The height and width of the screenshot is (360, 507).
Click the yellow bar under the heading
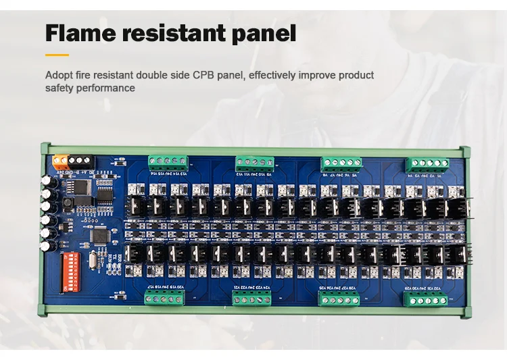coord(57,55)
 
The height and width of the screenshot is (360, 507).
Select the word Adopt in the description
coord(58,75)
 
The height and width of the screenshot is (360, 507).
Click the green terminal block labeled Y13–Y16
coord(167,161)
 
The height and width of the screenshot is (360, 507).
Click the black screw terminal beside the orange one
coord(80,161)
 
